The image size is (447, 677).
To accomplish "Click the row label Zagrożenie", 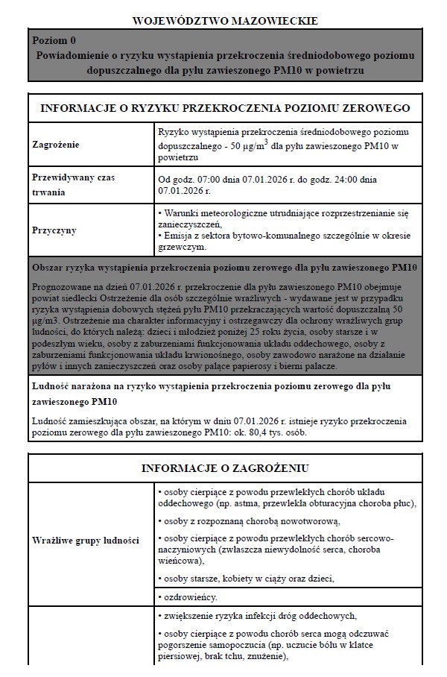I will pos(56,144).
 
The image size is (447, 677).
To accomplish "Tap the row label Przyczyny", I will pos(54,230).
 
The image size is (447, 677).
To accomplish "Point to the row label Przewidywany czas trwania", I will pos(73,184).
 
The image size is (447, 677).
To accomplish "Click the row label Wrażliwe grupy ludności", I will pos(86,541).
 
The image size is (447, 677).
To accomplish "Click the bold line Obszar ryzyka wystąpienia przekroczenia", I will pos(224,268).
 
